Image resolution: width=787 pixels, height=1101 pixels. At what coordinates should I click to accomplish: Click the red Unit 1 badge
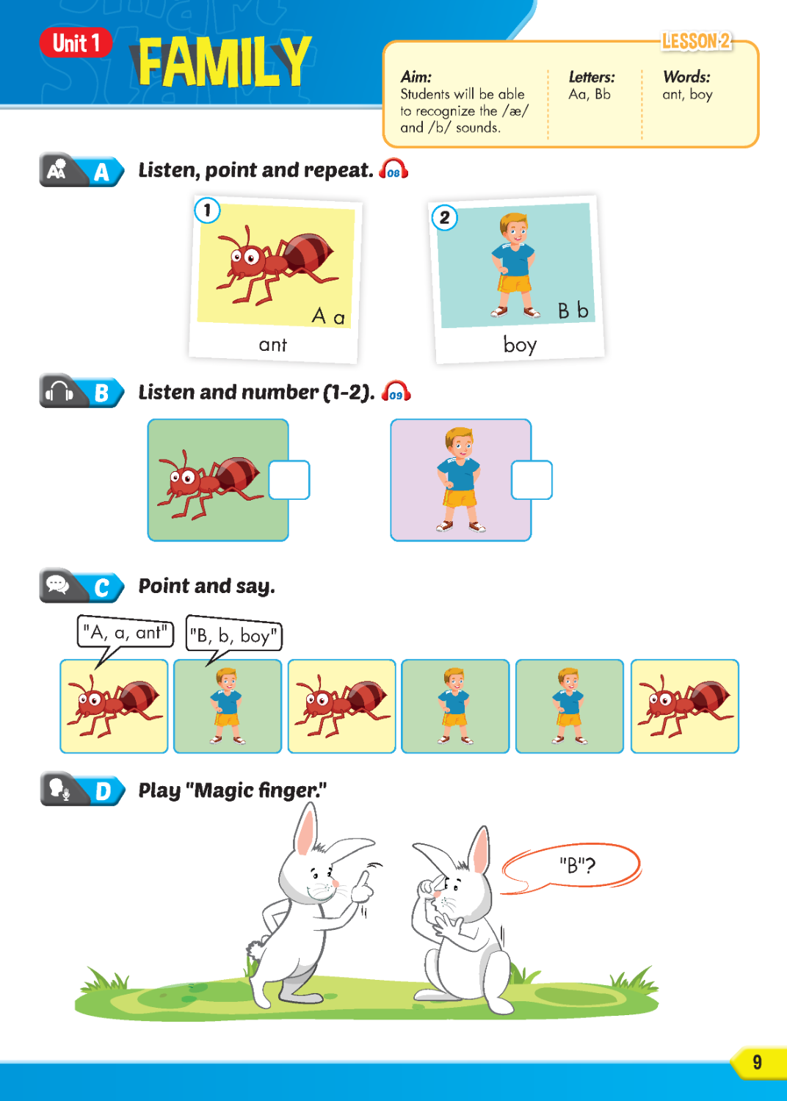[76, 43]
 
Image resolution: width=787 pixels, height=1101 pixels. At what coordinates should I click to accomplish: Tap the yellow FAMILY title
[224, 62]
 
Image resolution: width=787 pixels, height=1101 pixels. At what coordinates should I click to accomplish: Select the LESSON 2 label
[696, 41]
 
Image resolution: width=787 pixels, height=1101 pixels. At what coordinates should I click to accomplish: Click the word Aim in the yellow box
[416, 76]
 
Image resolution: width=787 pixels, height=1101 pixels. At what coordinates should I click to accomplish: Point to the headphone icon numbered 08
[393, 170]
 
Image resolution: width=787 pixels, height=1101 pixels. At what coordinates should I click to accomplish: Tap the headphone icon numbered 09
[396, 392]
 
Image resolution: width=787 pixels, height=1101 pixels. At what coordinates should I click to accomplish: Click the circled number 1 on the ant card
[207, 211]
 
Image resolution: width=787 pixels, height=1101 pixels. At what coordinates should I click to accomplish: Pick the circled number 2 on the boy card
[444, 217]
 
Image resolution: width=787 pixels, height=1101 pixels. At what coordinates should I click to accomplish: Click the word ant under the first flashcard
[272, 345]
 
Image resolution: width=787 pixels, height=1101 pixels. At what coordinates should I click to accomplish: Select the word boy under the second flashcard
[520, 344]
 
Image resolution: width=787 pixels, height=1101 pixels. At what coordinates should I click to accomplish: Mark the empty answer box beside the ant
[289, 480]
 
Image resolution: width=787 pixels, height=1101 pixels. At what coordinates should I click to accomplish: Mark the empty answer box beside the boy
[532, 480]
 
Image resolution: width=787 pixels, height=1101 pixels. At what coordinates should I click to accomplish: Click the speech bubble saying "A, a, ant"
[125, 632]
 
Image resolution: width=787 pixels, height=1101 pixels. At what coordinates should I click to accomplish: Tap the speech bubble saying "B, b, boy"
[233, 635]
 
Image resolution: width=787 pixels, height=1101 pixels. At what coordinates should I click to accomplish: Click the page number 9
[757, 1062]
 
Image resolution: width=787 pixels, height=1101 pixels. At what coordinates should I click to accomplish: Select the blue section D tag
[104, 791]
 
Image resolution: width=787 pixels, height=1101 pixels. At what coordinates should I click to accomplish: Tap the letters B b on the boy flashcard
[573, 310]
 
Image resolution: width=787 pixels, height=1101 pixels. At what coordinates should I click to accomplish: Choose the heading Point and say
[207, 586]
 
